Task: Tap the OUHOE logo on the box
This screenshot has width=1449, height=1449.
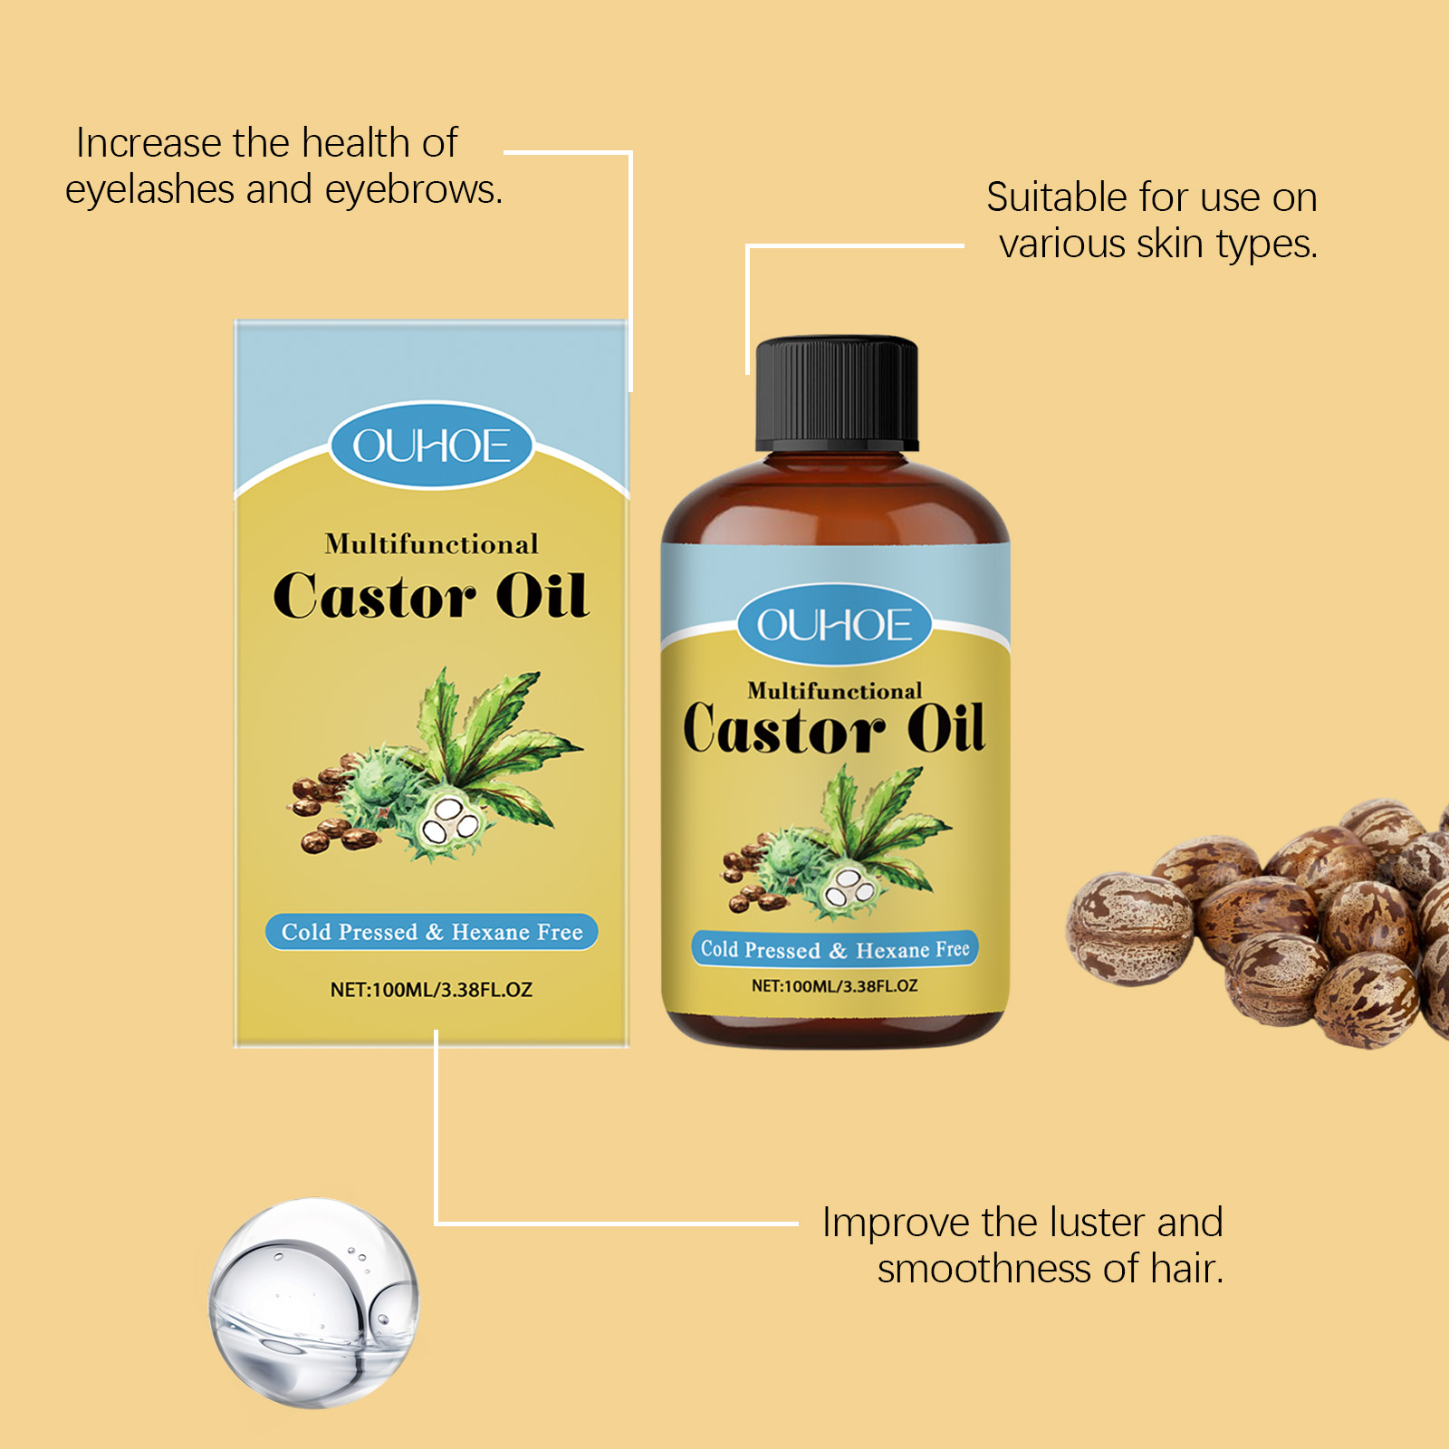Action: pyautogui.click(x=431, y=446)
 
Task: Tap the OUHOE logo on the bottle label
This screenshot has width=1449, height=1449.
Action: pyautogui.click(x=834, y=625)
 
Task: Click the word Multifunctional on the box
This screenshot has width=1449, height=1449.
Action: pyautogui.click(x=431, y=543)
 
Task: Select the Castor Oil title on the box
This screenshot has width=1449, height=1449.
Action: pyautogui.click(x=431, y=596)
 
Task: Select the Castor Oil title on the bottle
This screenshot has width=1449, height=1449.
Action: pyautogui.click(x=834, y=728)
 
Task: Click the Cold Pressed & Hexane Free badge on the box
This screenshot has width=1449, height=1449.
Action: pyautogui.click(x=431, y=932)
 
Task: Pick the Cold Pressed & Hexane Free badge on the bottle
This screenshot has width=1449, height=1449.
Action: pyautogui.click(x=835, y=949)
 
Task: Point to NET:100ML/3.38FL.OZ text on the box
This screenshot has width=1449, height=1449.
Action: pyautogui.click(x=431, y=990)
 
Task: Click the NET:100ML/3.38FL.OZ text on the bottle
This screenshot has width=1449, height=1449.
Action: pyautogui.click(x=834, y=985)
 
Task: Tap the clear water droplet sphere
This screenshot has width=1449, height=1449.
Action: pyautogui.click(x=314, y=1303)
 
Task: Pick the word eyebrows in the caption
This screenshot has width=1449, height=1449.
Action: pyautogui.click(x=413, y=190)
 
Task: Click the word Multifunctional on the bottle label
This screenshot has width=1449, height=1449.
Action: pyautogui.click(x=835, y=691)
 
